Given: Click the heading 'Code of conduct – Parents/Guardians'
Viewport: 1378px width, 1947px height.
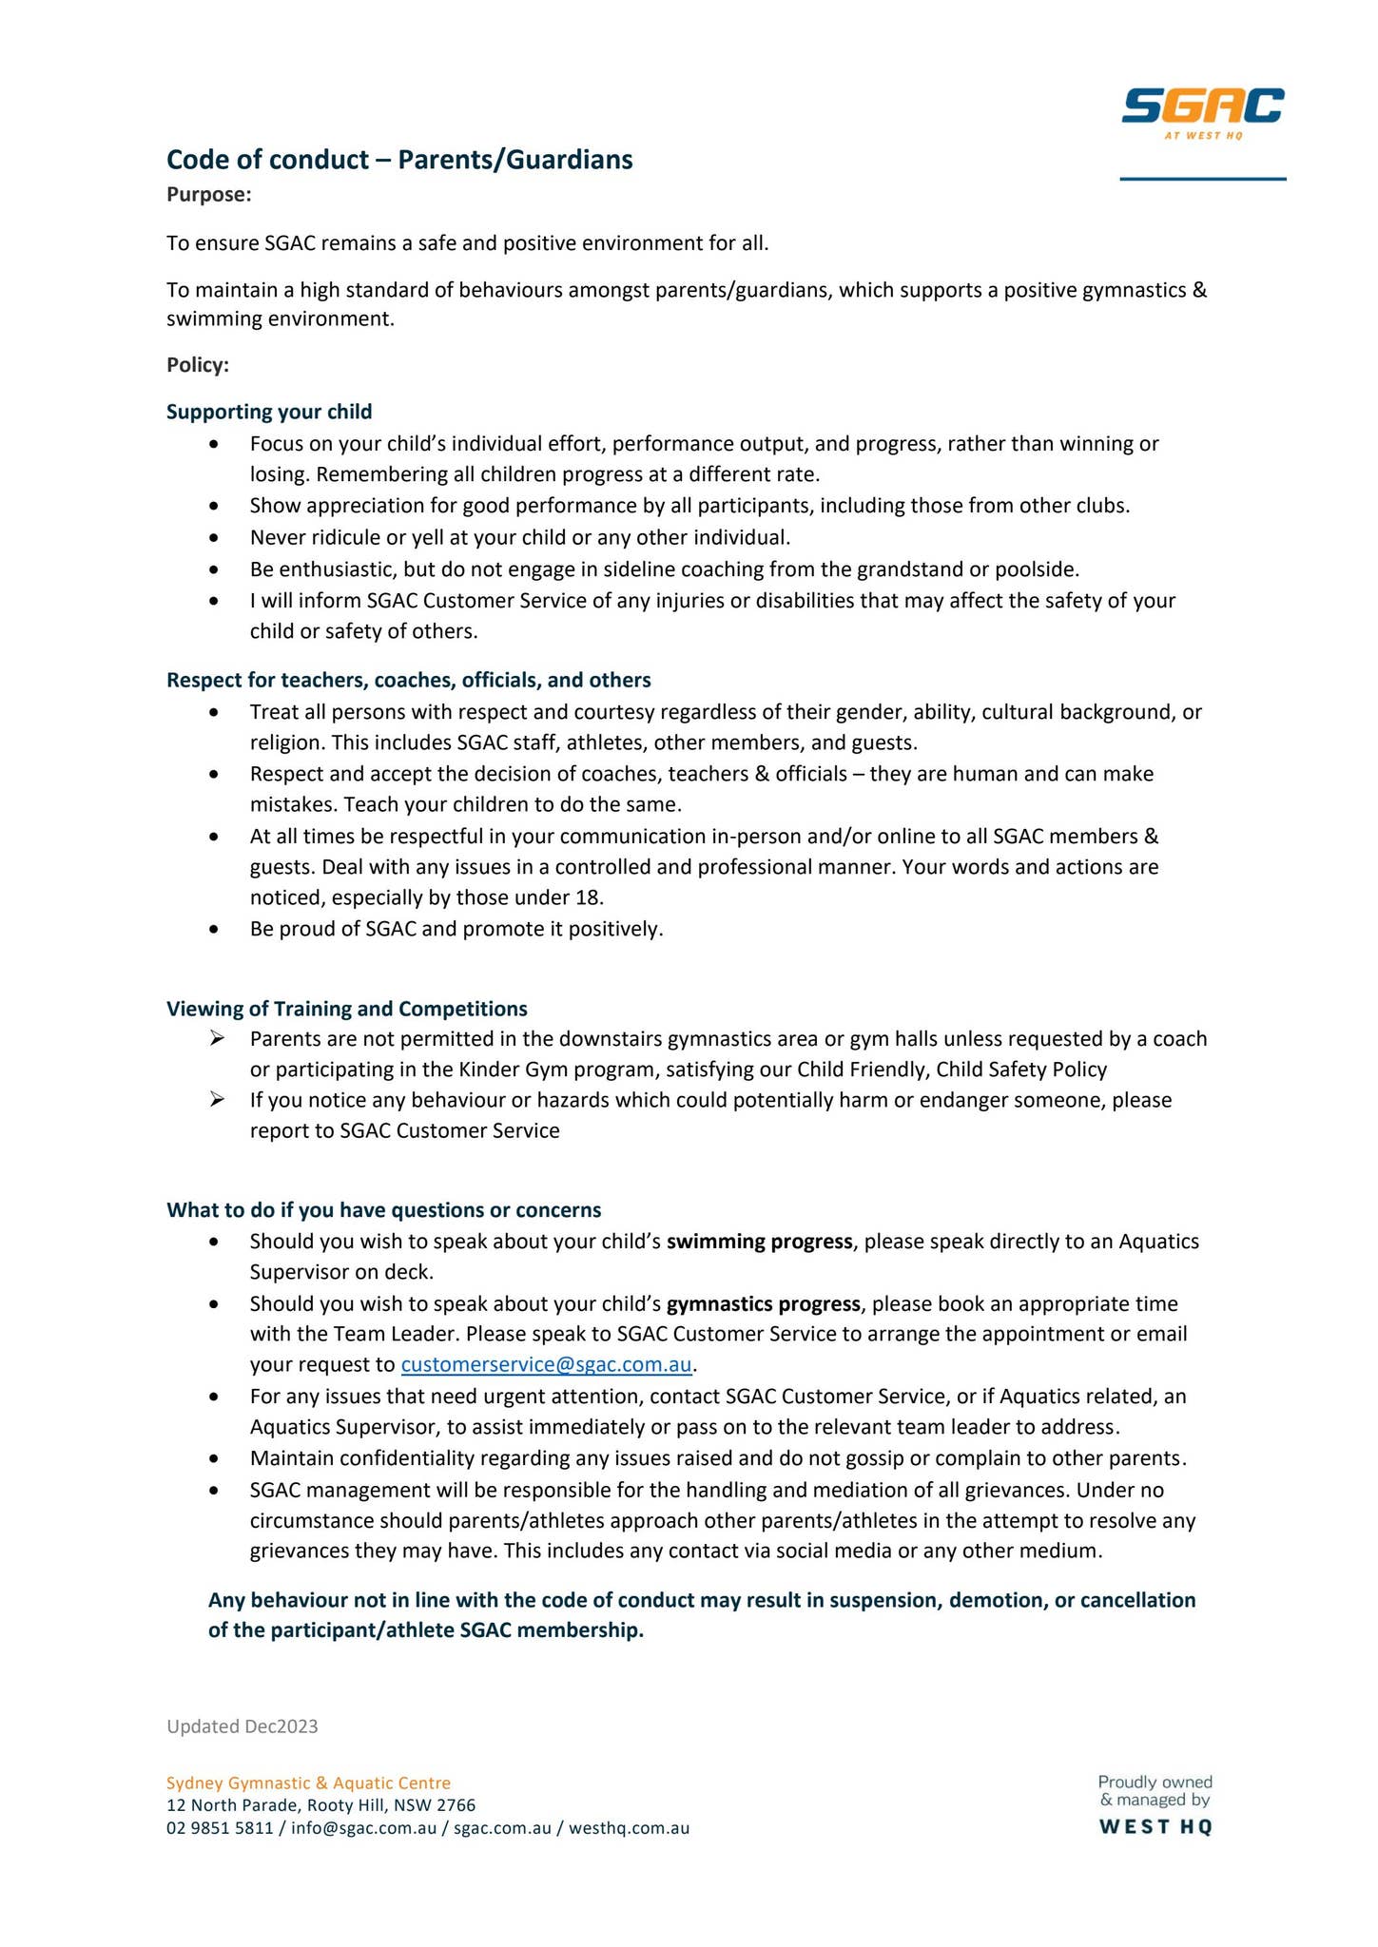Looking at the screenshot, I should click(399, 160).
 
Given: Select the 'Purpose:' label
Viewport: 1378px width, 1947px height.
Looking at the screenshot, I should click(208, 195).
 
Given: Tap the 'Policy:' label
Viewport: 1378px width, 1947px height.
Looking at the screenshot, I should click(198, 365).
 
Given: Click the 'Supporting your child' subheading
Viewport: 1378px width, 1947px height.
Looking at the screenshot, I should click(269, 412).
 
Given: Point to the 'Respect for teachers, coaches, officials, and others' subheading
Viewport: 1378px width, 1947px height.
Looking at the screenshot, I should click(409, 680).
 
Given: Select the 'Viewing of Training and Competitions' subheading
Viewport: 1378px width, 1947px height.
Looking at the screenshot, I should click(347, 1008).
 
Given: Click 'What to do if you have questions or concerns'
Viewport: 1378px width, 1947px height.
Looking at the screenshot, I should click(384, 1209).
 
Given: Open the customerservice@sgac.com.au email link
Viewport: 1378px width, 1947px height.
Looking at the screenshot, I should click(546, 1365).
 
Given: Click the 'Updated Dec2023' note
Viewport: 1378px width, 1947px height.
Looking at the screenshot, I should click(243, 1726).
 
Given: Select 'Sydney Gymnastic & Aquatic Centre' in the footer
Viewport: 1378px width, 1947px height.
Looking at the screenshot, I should click(308, 1783).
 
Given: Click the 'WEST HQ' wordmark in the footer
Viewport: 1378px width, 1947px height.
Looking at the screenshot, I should click(1155, 1826).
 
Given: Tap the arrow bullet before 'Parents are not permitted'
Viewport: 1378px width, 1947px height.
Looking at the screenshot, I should click(217, 1039).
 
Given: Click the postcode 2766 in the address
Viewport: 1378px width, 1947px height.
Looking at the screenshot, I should click(456, 1805).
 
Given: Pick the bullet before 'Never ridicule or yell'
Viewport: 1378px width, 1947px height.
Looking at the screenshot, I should click(217, 538).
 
